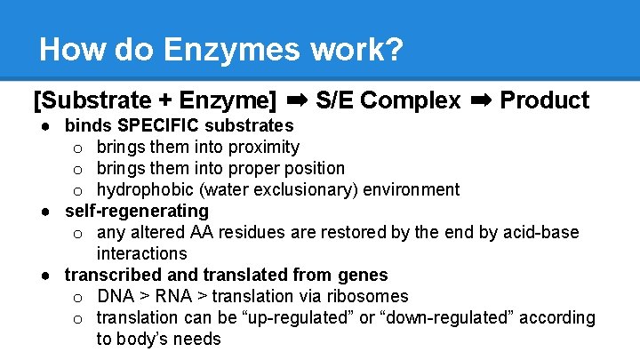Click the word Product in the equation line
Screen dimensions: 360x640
tap(544, 100)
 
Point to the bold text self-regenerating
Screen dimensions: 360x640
tap(136, 211)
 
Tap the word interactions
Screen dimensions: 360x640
tap(141, 253)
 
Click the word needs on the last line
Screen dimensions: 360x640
tap(196, 339)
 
